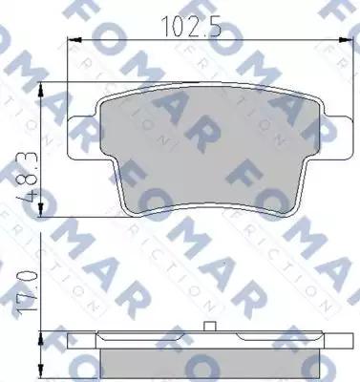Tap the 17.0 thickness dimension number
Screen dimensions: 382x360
(x=34, y=294)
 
